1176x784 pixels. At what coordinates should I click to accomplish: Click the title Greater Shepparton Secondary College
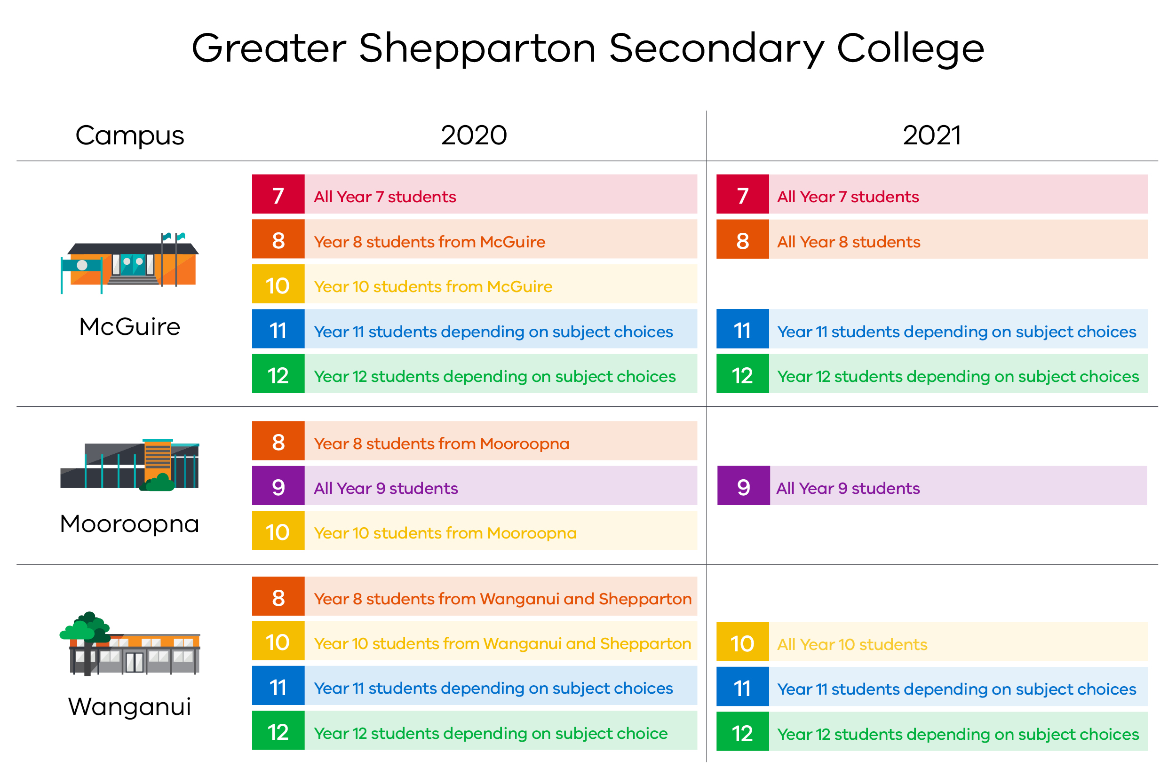tap(588, 48)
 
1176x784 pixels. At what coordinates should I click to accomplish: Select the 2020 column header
tap(474, 135)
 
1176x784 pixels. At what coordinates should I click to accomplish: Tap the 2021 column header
tap(931, 135)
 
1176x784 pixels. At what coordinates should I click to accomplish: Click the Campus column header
tap(129, 135)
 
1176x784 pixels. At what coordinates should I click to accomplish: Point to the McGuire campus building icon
tap(129, 263)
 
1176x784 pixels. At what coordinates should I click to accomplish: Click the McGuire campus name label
tap(129, 326)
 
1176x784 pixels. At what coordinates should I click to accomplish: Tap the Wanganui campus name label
tap(129, 706)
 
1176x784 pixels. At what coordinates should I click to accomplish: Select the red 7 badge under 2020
tap(278, 195)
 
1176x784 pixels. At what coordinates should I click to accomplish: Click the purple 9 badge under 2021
tap(743, 486)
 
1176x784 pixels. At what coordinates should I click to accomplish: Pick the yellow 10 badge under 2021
tap(742, 642)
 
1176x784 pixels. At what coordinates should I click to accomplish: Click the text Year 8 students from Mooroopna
tap(441, 443)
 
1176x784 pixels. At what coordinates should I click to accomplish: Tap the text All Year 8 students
tap(848, 242)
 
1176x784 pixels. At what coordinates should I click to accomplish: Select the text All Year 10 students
tap(851, 644)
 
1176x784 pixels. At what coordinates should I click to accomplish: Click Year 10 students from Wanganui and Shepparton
tap(502, 643)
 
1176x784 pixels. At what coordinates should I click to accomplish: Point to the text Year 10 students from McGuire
tap(432, 286)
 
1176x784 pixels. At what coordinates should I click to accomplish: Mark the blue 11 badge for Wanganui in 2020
tap(278, 686)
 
